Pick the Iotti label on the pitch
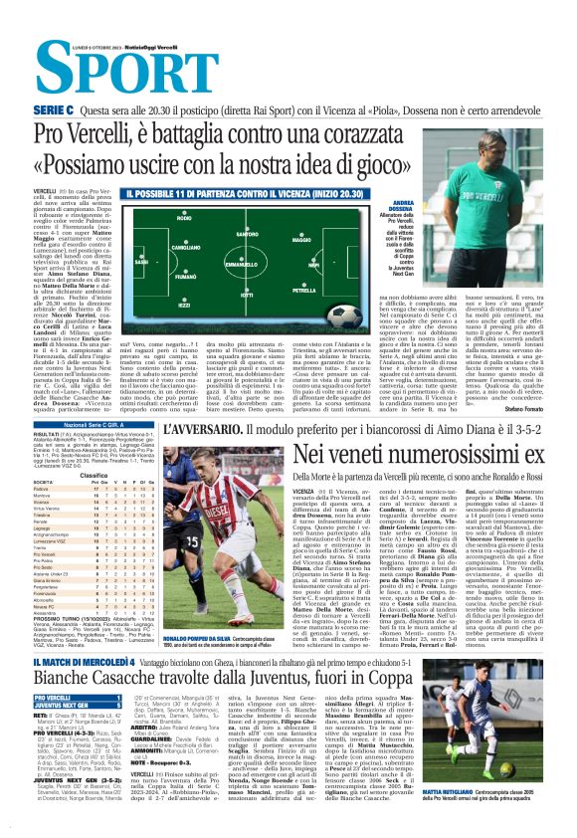click(246, 296)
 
